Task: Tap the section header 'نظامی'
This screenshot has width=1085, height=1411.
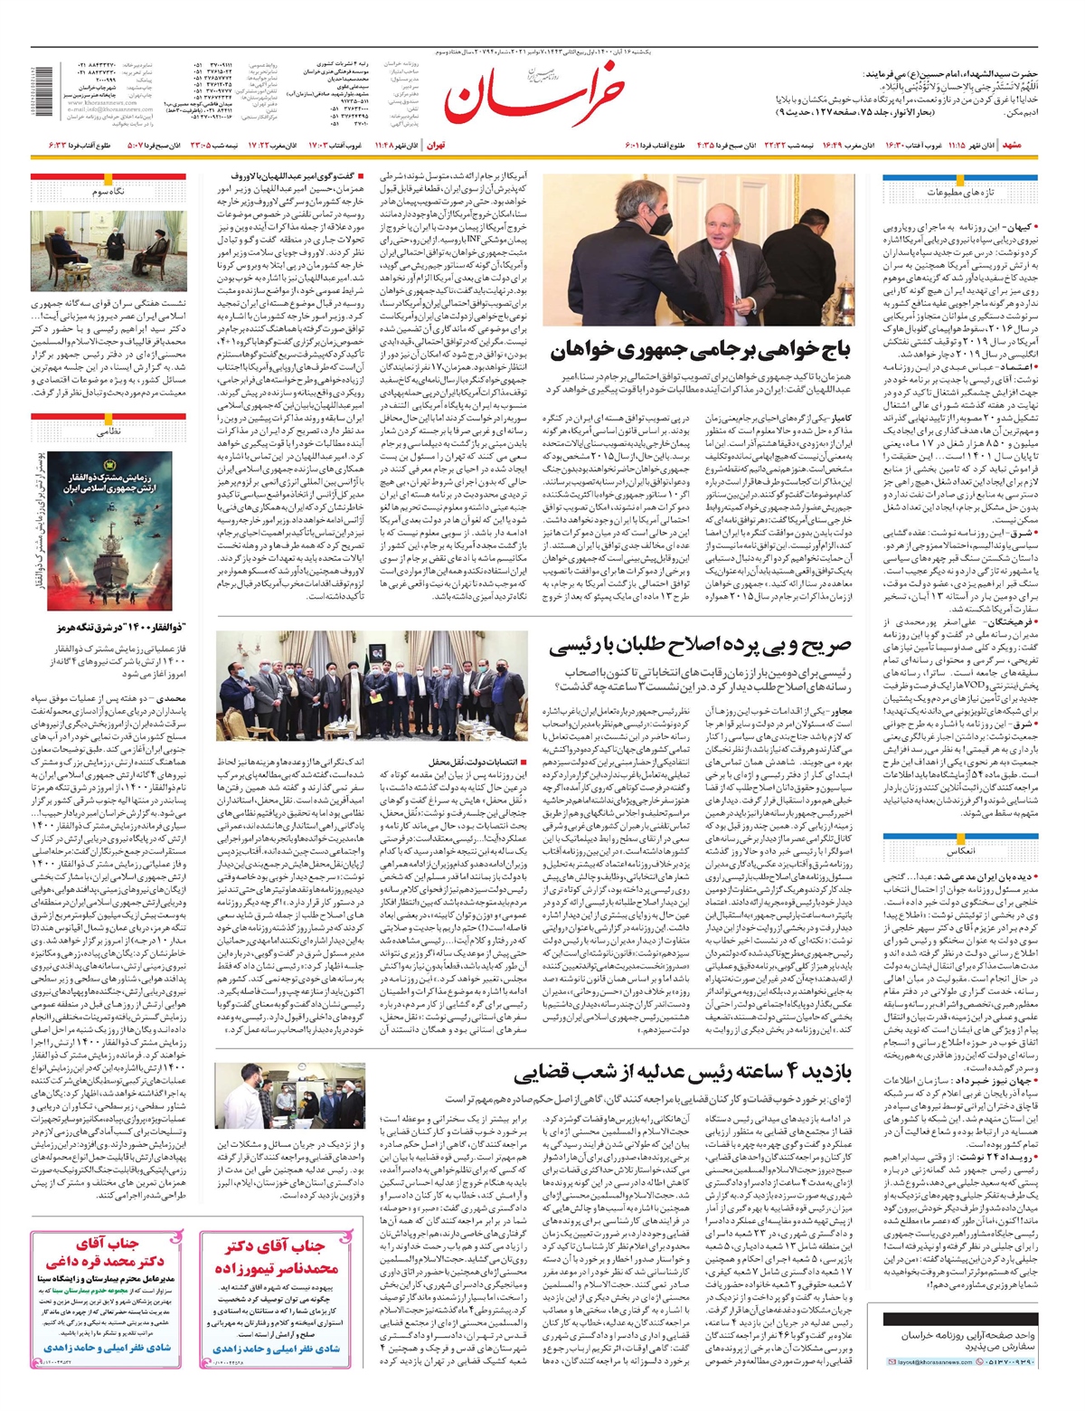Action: click(x=121, y=431)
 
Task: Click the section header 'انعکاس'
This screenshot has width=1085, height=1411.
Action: click(x=959, y=852)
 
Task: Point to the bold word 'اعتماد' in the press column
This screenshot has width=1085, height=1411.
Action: click(x=1017, y=367)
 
